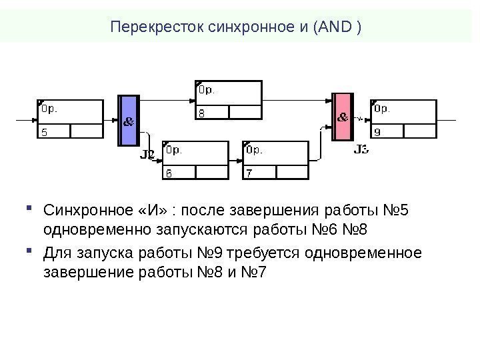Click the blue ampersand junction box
coord(128,121)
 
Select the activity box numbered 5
coord(70,119)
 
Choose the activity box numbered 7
coord(275,160)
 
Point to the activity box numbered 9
coord(403,119)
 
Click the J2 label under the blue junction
coord(147,155)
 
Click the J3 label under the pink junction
coord(361,149)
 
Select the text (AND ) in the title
coord(340,28)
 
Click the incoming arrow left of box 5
coord(25,120)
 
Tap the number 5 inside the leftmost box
coord(45,132)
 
